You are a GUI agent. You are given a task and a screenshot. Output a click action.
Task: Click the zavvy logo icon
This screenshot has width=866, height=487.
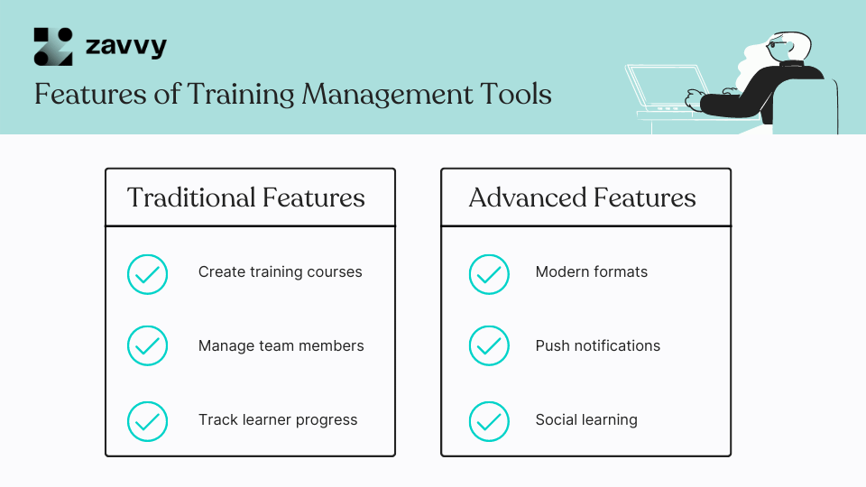point(52,47)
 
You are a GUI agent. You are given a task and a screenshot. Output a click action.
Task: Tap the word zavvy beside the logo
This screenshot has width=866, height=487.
point(126,47)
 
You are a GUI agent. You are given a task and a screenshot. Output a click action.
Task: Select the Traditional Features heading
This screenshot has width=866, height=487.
point(246,198)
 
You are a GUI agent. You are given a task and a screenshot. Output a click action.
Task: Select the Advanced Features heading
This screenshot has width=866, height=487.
point(582,198)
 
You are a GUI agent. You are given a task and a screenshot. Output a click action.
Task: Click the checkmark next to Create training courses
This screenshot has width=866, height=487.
point(147,273)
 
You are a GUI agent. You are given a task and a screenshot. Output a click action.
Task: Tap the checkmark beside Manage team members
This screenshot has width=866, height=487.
point(147,346)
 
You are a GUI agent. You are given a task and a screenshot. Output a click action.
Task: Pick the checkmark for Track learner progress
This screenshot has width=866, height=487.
point(147,420)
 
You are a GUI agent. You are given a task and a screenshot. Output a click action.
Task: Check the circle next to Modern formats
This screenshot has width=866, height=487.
point(489,273)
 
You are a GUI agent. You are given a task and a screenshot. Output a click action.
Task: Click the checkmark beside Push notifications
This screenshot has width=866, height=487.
point(489,346)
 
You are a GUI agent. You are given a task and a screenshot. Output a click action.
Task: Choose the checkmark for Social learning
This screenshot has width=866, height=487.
point(489,420)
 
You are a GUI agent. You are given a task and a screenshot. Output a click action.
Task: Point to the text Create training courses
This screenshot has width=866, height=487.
point(280,271)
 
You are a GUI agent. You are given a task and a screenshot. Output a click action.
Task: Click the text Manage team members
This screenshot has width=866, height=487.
point(281,345)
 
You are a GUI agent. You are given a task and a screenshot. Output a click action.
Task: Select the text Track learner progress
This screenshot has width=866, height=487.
point(278,419)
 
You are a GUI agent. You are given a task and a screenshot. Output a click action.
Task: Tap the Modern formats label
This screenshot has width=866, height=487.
point(591,271)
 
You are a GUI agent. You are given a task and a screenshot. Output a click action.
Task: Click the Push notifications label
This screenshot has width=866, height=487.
point(597,345)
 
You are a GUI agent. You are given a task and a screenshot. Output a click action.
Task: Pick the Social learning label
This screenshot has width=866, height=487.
point(586,419)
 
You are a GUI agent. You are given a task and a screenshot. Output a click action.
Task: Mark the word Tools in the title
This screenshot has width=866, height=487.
point(518,94)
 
